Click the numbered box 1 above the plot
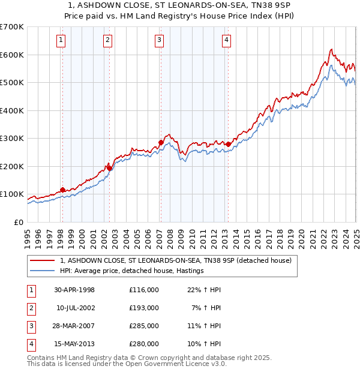tap(62, 40)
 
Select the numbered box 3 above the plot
tap(160, 40)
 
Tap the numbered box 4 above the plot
tap(227, 40)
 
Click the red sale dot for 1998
tap(63, 190)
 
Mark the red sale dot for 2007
tap(160, 142)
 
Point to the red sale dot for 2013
tap(228, 144)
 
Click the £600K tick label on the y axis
tap(11, 55)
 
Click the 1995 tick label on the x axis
tap(28, 236)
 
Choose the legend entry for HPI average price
tap(132, 271)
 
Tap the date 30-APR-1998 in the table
tap(74, 290)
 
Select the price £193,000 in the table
tap(143, 308)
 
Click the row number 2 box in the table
tap(31, 308)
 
